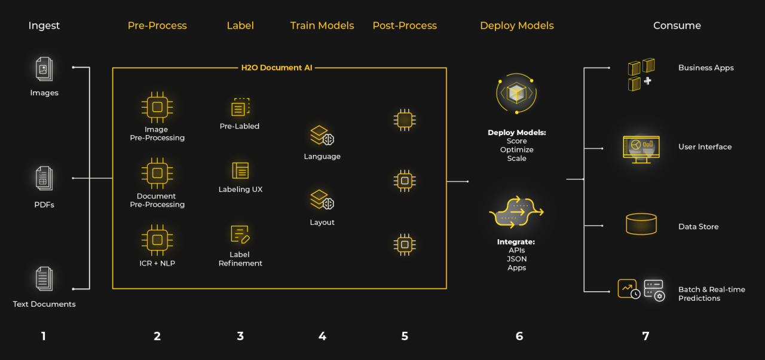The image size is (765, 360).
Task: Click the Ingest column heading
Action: click(44, 26)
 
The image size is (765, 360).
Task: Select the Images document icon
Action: click(44, 69)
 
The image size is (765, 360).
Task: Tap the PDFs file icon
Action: click(44, 178)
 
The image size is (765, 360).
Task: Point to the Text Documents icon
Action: click(44, 279)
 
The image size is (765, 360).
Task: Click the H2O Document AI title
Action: click(277, 68)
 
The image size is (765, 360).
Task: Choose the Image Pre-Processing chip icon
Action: click(157, 107)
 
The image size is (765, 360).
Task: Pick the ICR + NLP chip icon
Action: click(157, 240)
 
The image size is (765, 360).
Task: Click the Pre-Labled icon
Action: click(240, 107)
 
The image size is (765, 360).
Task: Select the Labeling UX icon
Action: click(240, 170)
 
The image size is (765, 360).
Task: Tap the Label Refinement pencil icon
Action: click(240, 234)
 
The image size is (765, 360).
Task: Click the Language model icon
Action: click(322, 135)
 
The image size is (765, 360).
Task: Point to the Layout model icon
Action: click(322, 200)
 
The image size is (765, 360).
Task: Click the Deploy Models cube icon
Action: click(516, 93)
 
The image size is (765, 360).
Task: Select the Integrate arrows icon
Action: click(516, 212)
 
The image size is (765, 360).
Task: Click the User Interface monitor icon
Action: click(641, 150)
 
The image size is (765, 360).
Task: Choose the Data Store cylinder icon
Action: click(641, 224)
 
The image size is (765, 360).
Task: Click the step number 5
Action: click(405, 336)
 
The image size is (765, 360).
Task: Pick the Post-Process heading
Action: click(405, 26)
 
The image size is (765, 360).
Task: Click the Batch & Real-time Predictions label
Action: click(712, 294)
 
